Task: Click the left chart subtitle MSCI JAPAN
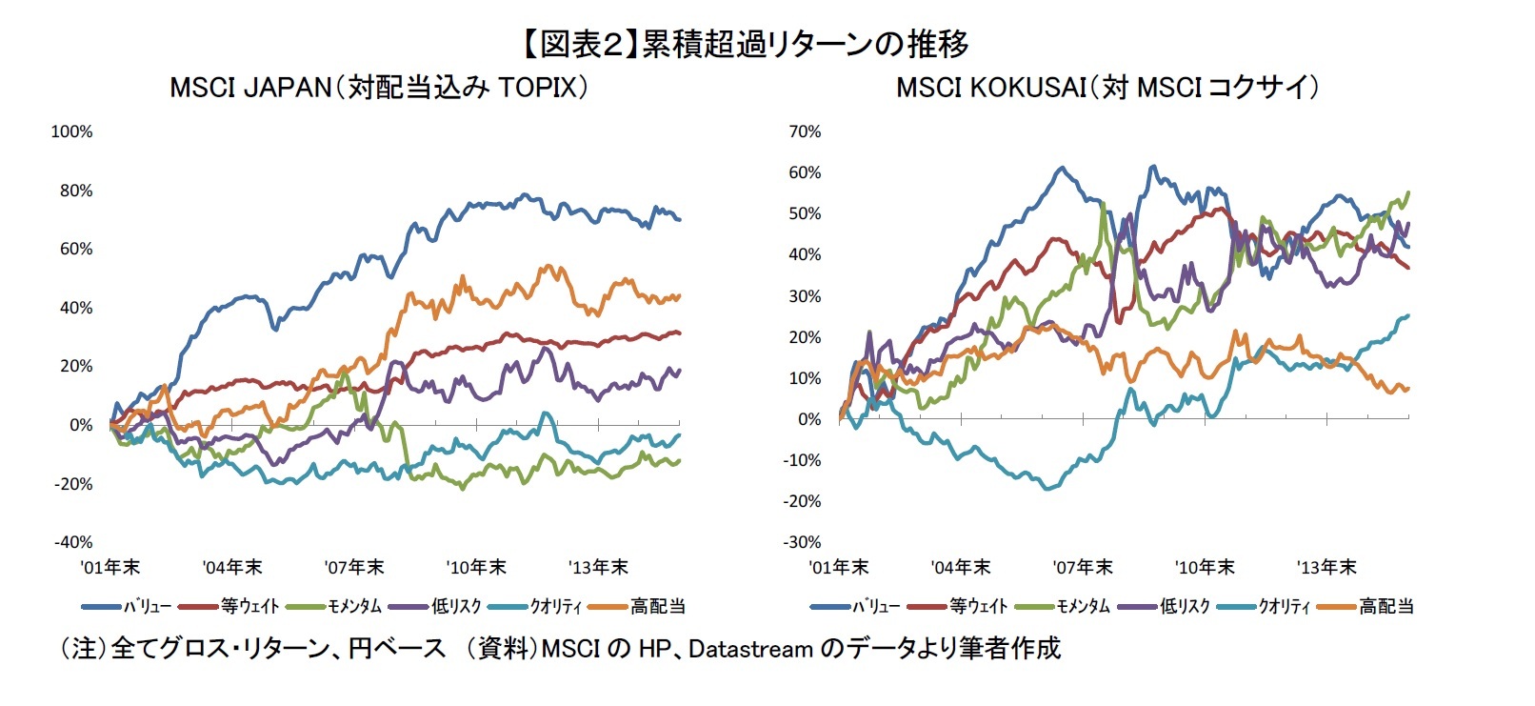(x=249, y=88)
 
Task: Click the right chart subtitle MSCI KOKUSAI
(x=990, y=88)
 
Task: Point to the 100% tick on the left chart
(x=71, y=131)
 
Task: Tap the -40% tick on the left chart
(x=73, y=542)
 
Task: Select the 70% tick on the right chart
(x=805, y=131)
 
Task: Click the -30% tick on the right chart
(x=803, y=542)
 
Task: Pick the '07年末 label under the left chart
(x=354, y=568)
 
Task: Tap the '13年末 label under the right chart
(x=1326, y=568)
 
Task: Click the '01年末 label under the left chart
(x=110, y=568)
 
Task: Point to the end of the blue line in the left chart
(x=679, y=219)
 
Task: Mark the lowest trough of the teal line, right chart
(x=1048, y=489)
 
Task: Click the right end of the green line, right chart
(x=1408, y=192)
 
